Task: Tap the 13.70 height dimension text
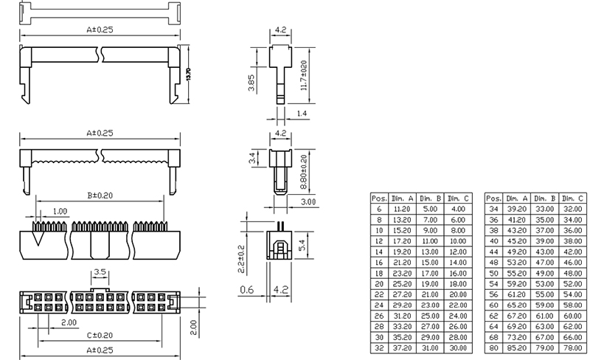[x=188, y=75]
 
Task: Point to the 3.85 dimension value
[x=251, y=83]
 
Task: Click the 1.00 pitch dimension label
[x=60, y=211]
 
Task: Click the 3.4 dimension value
[x=251, y=156]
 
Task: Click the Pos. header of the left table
[x=379, y=198]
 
